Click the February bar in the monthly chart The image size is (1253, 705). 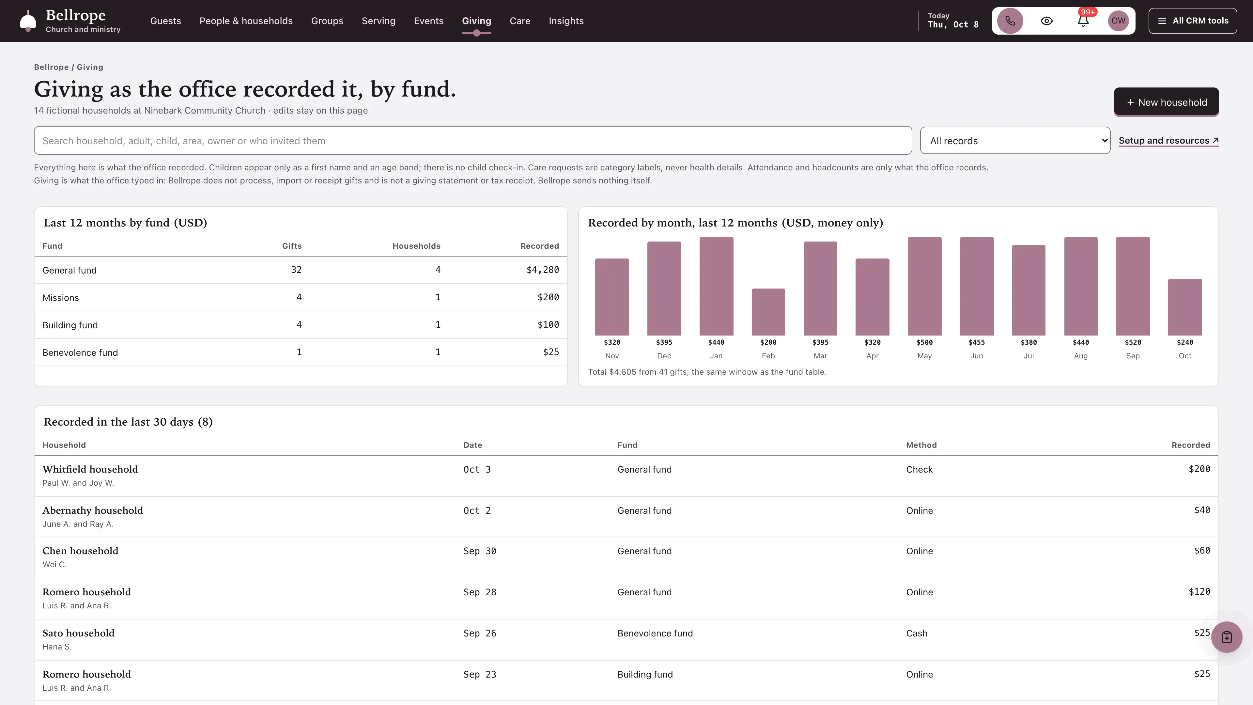point(768,312)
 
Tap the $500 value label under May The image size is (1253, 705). point(924,342)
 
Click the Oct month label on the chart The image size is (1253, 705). point(1185,356)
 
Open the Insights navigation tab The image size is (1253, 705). point(566,21)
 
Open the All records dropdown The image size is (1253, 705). point(1015,141)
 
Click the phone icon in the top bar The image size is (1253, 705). point(1010,21)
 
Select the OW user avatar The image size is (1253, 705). point(1118,21)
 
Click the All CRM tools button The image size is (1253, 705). point(1193,21)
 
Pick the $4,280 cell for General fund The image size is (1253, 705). point(542,270)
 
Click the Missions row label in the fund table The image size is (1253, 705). point(60,298)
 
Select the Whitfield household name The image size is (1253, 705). point(90,469)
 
